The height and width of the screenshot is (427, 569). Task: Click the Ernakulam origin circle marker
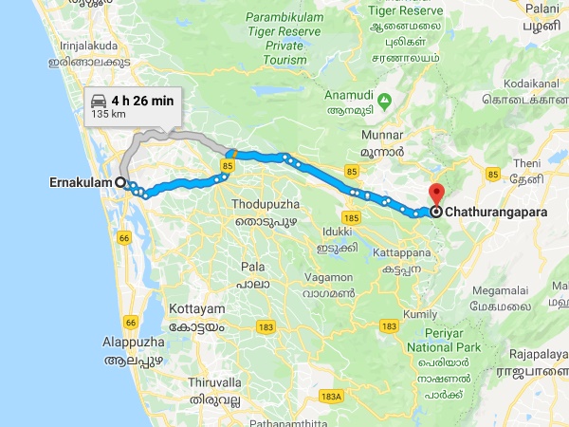(120, 181)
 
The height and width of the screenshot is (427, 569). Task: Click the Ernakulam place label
(79, 181)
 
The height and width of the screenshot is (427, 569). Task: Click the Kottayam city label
(197, 310)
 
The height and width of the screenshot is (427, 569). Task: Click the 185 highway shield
(352, 218)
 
